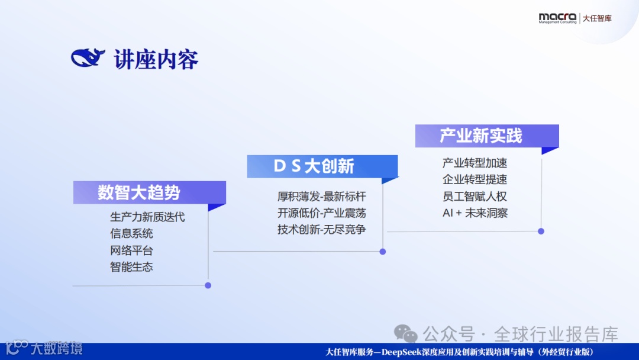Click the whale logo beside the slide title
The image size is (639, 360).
pyautogui.click(x=88, y=57)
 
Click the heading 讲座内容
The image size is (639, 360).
pyautogui.click(x=156, y=60)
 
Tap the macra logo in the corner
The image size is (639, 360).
pyautogui.click(x=557, y=18)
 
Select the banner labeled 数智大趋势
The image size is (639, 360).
pyautogui.click(x=150, y=192)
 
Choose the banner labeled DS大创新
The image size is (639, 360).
pyautogui.click(x=322, y=166)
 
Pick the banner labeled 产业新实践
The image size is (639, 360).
pyautogui.click(x=487, y=136)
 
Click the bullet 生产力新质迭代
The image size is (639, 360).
pyautogui.click(x=147, y=217)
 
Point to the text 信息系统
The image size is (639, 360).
pyautogui.click(x=131, y=234)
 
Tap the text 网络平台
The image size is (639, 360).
pyautogui.click(x=131, y=250)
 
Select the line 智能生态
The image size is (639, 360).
pyautogui.click(x=131, y=267)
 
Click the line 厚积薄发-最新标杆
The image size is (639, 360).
pyautogui.click(x=322, y=197)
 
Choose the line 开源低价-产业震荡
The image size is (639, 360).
pyautogui.click(x=322, y=213)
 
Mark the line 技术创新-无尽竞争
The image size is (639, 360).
pyautogui.click(x=322, y=230)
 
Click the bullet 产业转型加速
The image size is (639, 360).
pyautogui.click(x=475, y=163)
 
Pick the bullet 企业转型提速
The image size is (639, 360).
pyautogui.click(x=475, y=179)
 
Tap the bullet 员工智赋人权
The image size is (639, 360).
pyautogui.click(x=475, y=197)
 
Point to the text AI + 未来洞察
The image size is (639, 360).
pyautogui.click(x=475, y=213)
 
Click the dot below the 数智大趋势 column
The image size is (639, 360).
pyautogui.click(x=208, y=285)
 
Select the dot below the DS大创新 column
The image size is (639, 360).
pyautogui.click(x=383, y=252)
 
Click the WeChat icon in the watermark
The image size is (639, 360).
pyautogui.click(x=405, y=334)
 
